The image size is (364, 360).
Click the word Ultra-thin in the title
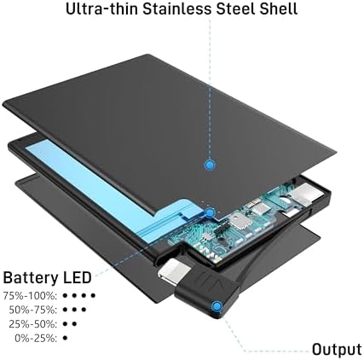(x=102, y=9)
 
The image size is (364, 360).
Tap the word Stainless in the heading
(x=177, y=9)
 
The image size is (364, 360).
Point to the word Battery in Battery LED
(x=31, y=278)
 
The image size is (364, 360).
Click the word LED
(x=77, y=277)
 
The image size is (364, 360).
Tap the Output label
(x=337, y=349)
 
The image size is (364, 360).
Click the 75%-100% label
(x=30, y=296)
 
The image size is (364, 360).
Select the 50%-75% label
(x=33, y=310)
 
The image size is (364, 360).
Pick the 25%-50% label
(x=33, y=324)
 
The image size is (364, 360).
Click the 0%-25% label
(x=36, y=339)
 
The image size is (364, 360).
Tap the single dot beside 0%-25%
(x=65, y=338)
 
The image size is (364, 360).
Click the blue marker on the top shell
(x=210, y=165)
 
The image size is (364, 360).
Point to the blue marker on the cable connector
(x=217, y=306)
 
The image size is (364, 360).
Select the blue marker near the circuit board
(x=210, y=212)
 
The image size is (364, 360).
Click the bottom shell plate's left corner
(x=16, y=183)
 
